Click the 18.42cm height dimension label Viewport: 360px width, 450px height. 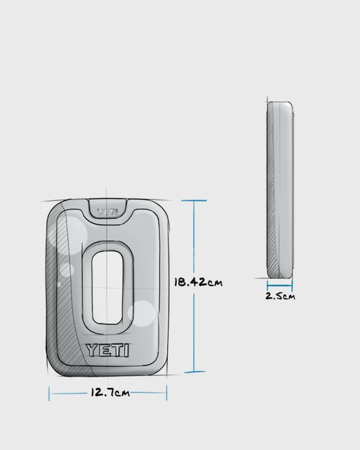point(199,282)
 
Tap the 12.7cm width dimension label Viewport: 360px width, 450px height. point(110,392)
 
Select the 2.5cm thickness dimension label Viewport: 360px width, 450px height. point(280,296)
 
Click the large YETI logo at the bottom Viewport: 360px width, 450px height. point(107,350)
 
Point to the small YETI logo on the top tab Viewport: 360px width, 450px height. point(107,212)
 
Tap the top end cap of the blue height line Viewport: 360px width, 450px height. point(195,200)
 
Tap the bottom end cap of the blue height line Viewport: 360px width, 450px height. point(195,372)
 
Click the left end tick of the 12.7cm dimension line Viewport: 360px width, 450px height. point(49,393)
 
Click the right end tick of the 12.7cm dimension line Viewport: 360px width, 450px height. point(166,393)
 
